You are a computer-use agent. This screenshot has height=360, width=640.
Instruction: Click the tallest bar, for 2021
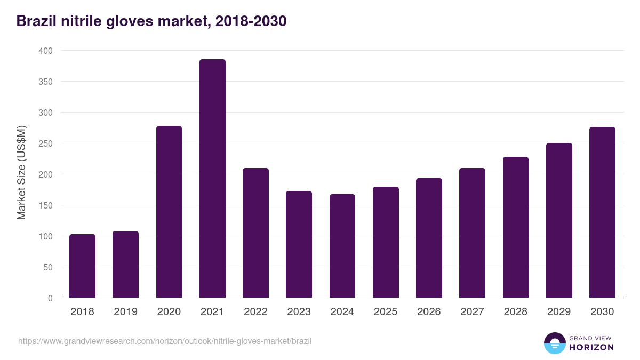[212, 179]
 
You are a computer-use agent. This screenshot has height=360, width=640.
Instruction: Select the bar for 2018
[82, 266]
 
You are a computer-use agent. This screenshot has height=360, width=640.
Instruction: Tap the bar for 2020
[169, 212]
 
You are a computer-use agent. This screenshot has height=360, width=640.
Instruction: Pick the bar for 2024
[342, 246]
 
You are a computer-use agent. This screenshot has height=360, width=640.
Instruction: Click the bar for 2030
[602, 212]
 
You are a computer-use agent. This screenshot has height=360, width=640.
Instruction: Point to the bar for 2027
[472, 233]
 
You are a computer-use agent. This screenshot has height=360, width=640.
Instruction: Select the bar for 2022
[255, 233]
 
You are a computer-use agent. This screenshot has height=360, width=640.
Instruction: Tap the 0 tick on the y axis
[50, 298]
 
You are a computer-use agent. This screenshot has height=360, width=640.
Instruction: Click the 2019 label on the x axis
[125, 312]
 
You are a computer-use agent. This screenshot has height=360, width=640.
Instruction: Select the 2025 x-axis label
[386, 312]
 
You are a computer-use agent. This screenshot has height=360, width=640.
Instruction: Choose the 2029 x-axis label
[559, 312]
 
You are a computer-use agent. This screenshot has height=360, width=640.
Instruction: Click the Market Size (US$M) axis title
[21, 172]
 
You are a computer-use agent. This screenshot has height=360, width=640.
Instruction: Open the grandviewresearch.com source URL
[165, 341]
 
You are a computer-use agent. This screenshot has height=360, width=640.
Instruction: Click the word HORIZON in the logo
[591, 347]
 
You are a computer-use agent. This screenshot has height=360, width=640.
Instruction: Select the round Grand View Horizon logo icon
[554, 343]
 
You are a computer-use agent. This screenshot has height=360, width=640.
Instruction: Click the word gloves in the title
[129, 21]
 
